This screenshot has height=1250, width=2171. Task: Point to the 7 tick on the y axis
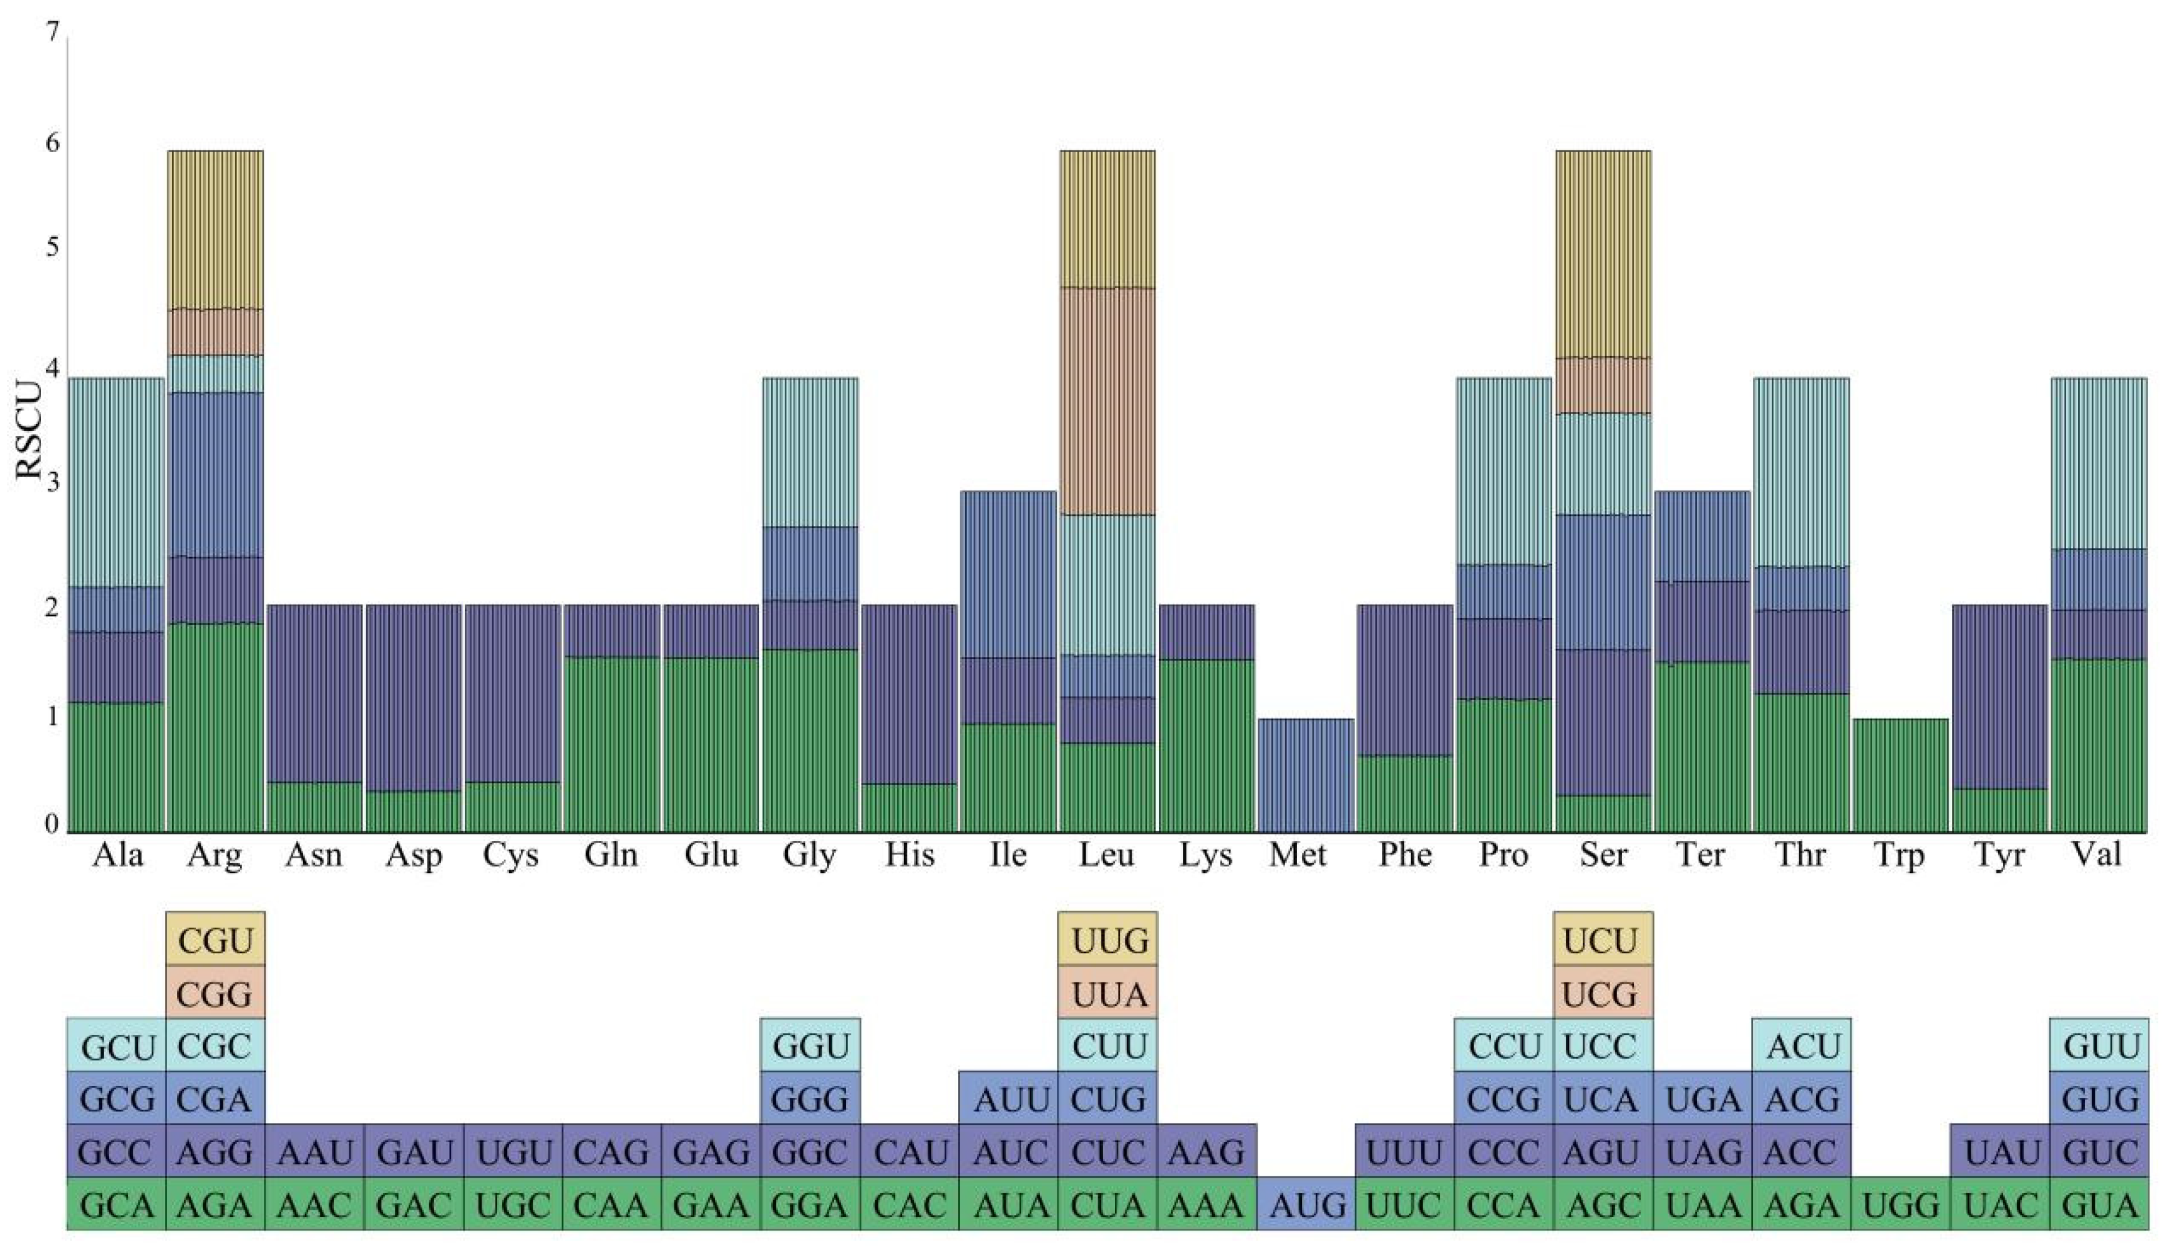click(53, 32)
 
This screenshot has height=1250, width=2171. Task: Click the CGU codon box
click(215, 941)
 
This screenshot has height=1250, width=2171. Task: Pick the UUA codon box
click(1108, 994)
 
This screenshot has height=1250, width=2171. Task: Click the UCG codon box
click(1602, 994)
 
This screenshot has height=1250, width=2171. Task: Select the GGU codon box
click(810, 1047)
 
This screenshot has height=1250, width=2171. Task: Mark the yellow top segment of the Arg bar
click(215, 229)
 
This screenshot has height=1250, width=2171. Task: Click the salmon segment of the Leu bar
click(1107, 401)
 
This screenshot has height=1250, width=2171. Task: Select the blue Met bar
click(1306, 775)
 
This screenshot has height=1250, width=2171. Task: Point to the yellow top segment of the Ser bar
click(1603, 254)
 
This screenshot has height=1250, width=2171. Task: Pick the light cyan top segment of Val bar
click(2099, 463)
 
